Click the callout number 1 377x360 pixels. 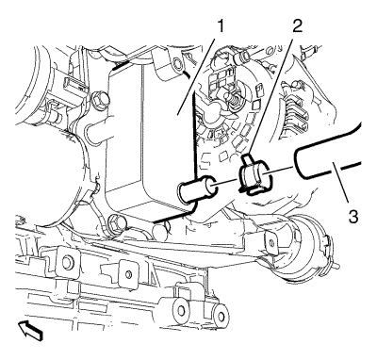[221, 26]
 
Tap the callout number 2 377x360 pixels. [296, 26]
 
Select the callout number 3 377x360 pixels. [353, 216]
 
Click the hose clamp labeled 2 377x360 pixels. [254, 176]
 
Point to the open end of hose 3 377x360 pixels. [299, 164]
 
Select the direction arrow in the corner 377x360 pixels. [30, 331]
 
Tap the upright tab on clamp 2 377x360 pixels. [248, 160]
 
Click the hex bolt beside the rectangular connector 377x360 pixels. [100, 99]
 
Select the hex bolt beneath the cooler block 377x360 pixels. [115, 223]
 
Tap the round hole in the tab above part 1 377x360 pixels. [177, 65]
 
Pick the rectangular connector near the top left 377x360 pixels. [74, 86]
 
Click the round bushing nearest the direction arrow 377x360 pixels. [182, 310]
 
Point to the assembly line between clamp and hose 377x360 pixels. [279, 172]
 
